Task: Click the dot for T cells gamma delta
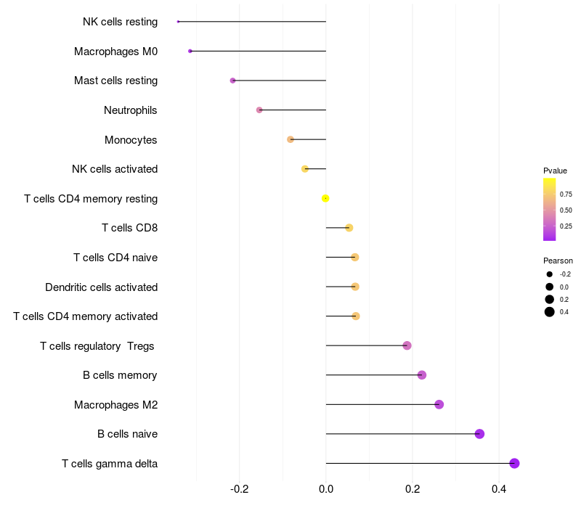[x=514, y=463]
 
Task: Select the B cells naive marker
[x=479, y=433]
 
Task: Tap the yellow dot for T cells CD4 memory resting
[x=325, y=198]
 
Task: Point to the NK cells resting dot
[x=178, y=22]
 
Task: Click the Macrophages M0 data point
[x=190, y=51]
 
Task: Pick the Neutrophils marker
[x=259, y=110]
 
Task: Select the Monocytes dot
[x=290, y=139]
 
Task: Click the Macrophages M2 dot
[x=439, y=404]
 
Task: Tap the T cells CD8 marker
[x=349, y=228]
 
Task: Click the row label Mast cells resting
[x=115, y=81]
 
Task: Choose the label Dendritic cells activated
[x=101, y=287]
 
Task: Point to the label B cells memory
[x=120, y=375]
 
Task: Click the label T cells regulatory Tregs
[x=97, y=346]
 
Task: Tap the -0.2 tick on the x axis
[x=240, y=489]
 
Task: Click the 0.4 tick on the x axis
[x=499, y=489]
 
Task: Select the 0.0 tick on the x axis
[x=326, y=489]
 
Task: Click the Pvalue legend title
[x=555, y=171]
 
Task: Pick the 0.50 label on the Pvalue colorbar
[x=566, y=210]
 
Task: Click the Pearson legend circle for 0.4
[x=550, y=312]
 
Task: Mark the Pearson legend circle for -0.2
[x=550, y=274]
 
